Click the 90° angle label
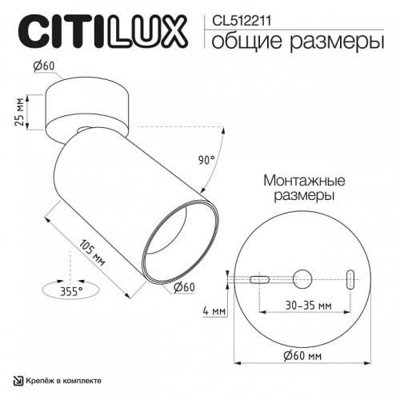(207, 161)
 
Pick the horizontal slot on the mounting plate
(260, 280)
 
